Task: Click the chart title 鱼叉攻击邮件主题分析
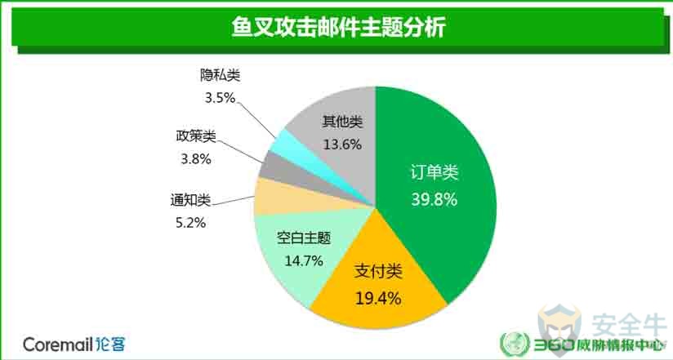pyautogui.click(x=338, y=27)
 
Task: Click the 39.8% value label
pyautogui.click(x=434, y=199)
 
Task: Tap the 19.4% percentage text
pyautogui.click(x=377, y=298)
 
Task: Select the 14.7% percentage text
pyautogui.click(x=304, y=260)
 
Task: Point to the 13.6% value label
pyautogui.click(x=342, y=144)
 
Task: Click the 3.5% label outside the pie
pyautogui.click(x=221, y=98)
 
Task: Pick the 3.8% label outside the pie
pyautogui.click(x=196, y=159)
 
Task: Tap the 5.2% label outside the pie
pyautogui.click(x=190, y=223)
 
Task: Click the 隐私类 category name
pyautogui.click(x=221, y=76)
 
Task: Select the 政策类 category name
pyautogui.click(x=196, y=136)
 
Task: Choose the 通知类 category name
pyautogui.click(x=190, y=200)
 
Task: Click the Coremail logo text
pyautogui.click(x=74, y=344)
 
